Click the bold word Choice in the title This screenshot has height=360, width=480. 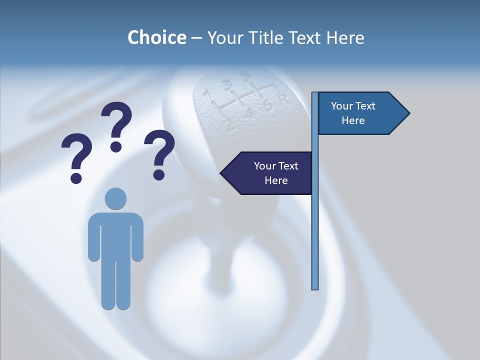pos(156,38)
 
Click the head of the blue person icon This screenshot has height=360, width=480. pos(115,198)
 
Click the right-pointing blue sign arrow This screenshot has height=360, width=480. pos(360,113)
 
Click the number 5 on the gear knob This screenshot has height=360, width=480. pos(245,76)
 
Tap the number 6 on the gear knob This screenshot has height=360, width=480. pos(267,106)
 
